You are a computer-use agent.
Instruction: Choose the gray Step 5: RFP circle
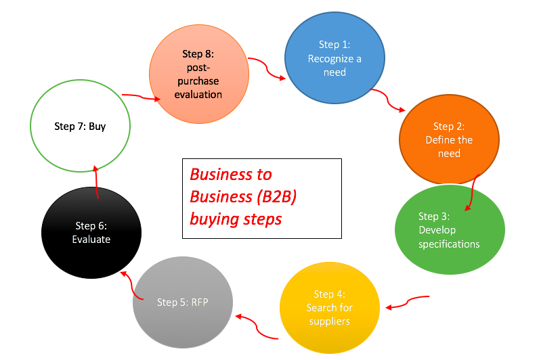coord(183,302)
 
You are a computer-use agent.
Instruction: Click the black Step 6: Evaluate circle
coord(92,232)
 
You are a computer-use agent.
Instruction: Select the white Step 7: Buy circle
coord(80,126)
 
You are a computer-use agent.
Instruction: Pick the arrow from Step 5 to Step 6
coord(132,285)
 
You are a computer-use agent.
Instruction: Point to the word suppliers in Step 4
coord(330,320)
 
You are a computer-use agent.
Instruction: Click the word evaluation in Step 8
coord(198,94)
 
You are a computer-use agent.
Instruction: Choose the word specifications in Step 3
coord(449,244)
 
